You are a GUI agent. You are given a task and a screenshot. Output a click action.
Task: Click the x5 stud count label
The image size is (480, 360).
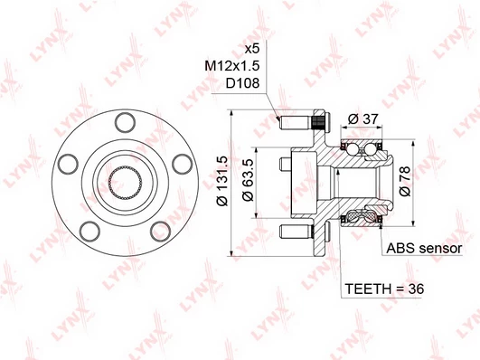click(252, 49)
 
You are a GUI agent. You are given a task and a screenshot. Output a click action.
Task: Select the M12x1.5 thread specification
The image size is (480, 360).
click(232, 65)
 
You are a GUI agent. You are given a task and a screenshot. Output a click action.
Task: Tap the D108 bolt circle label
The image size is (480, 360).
click(242, 82)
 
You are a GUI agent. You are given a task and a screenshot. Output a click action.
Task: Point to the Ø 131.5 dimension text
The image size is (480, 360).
click(222, 181)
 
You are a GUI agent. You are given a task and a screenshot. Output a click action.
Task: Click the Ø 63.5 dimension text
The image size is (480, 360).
click(248, 180)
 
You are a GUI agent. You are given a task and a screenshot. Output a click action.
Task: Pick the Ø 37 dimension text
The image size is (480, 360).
click(363, 118)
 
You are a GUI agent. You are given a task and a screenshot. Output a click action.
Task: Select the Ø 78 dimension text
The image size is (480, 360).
click(405, 181)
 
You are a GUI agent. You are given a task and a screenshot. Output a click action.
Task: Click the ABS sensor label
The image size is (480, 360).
click(424, 248)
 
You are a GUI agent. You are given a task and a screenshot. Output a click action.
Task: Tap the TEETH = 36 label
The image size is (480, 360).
click(384, 289)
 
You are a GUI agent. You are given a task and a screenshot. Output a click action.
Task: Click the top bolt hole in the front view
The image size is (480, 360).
click(125, 123)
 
